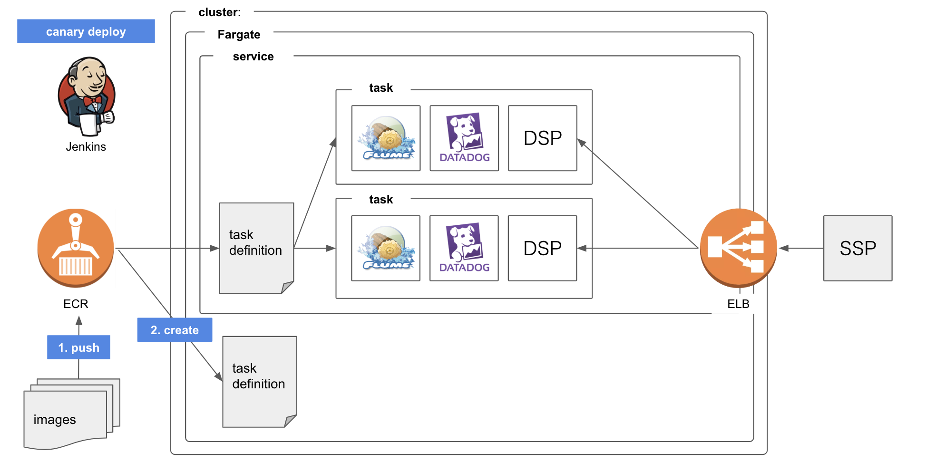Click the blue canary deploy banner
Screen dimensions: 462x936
86,31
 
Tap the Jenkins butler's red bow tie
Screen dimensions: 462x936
92,101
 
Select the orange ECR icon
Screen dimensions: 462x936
76,248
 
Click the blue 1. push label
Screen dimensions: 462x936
79,347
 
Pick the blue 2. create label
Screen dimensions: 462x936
175,330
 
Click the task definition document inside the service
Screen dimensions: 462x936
256,248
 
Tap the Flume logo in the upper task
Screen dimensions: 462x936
386,138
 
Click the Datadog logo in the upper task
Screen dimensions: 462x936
464,138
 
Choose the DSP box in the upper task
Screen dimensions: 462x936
543,138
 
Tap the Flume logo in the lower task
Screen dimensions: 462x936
386,248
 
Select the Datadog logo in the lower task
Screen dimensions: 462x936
464,248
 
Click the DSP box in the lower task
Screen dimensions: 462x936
543,248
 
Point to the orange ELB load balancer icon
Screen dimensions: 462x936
738,248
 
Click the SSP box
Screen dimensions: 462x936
858,248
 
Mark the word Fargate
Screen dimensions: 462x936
239,35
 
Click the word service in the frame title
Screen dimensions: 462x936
253,57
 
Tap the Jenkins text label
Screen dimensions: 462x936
86,146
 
